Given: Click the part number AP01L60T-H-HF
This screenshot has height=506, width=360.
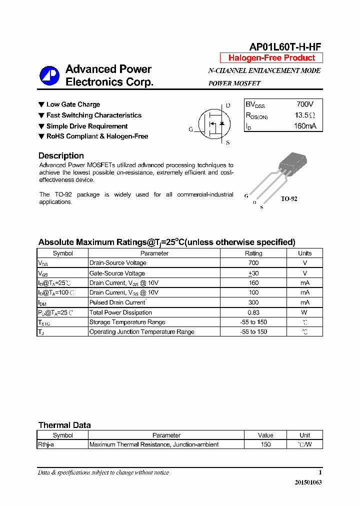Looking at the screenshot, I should [x=285, y=47].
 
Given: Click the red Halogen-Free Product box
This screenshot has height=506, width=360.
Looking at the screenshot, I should [x=271, y=58].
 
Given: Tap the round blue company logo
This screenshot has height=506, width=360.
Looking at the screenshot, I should [x=49, y=76].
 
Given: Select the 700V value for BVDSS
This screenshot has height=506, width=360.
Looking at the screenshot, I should [x=305, y=104].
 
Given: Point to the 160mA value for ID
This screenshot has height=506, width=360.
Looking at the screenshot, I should [x=305, y=126].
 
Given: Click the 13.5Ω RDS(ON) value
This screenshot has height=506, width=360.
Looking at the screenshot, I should [x=304, y=115].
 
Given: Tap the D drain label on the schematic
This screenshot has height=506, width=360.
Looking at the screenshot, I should [x=228, y=105].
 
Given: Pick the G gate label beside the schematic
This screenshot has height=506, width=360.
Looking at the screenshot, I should [x=190, y=129].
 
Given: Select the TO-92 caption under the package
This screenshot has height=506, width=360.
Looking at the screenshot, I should [x=288, y=199].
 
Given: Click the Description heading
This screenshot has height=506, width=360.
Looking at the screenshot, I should [x=61, y=155].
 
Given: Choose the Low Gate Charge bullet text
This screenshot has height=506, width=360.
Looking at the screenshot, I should [x=73, y=104].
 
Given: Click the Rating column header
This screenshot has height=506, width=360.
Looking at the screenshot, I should [x=253, y=253].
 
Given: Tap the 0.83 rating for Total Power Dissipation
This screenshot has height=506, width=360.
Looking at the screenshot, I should [x=253, y=312].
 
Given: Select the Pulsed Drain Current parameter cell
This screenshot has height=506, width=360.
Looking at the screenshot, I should [x=117, y=302].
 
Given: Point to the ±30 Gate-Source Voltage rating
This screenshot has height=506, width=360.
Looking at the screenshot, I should [x=253, y=273].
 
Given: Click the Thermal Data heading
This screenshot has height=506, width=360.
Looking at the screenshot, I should [x=64, y=425].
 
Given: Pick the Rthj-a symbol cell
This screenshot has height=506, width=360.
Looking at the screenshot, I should [x=46, y=444].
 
